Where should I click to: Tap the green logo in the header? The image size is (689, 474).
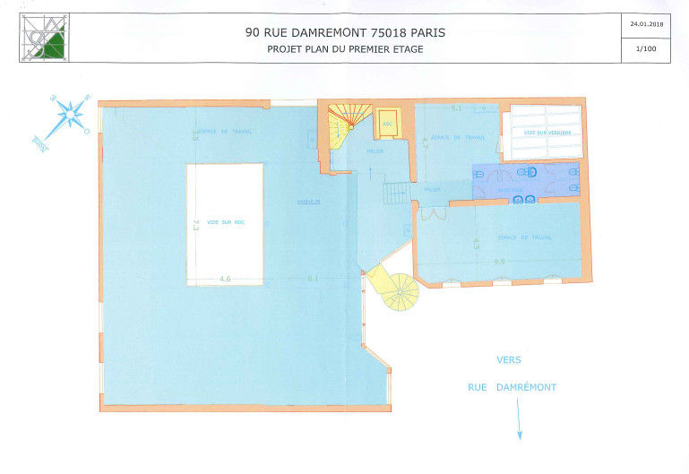45,39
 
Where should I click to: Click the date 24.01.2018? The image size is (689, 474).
644,24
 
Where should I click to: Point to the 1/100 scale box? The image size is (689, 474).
644,49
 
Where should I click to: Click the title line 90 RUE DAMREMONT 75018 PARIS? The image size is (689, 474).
345,32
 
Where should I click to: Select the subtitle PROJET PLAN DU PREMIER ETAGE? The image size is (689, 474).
345,49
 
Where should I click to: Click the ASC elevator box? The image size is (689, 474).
388,125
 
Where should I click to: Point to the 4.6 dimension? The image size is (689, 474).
225,280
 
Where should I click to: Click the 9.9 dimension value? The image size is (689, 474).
499,262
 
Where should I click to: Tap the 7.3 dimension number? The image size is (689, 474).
196,224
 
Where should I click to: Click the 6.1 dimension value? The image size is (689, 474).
313,280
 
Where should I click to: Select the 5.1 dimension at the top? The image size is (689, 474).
456,108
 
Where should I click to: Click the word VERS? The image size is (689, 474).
509,359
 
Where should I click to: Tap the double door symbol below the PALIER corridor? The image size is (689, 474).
433,214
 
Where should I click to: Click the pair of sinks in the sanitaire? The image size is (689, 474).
524,199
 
